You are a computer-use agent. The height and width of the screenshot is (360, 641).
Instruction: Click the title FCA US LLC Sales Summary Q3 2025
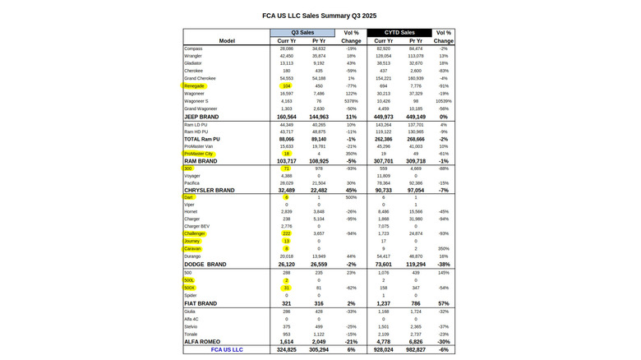pos(319,16)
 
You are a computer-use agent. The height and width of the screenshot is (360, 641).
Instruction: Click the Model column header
pos(227,40)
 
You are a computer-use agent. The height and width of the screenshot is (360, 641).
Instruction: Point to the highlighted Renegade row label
pos(195,85)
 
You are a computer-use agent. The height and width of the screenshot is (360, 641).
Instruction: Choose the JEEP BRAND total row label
pos(202,117)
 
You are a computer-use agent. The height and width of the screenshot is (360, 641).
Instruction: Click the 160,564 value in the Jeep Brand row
pos(287,117)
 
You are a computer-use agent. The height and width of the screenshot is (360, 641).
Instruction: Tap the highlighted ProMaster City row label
pos(199,153)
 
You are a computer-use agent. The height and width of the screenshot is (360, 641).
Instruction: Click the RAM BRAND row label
pos(201,160)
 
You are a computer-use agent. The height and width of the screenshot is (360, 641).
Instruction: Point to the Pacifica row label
pos(192,183)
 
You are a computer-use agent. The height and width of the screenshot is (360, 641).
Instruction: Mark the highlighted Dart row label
pos(189,197)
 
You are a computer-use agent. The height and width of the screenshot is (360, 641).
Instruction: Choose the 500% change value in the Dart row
pos(351,197)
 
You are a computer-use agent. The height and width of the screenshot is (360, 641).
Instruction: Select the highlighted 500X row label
pos(190,288)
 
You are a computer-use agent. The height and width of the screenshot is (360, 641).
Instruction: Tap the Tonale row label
pos(191,335)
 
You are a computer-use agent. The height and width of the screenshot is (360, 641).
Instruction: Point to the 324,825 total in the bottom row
pos(287,350)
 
